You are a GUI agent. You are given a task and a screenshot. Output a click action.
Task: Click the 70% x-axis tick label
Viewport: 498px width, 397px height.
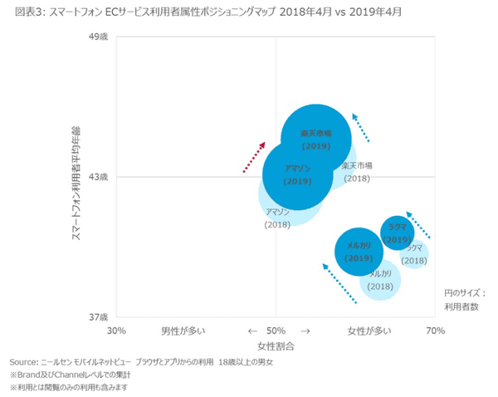[x=435, y=331]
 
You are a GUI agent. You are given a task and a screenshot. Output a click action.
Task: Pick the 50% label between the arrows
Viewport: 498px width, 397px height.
[x=276, y=331]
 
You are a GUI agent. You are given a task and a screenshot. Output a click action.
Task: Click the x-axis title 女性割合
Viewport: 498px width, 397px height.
[x=276, y=345]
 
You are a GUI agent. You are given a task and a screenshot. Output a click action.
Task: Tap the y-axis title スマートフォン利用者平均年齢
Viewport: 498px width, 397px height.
[x=76, y=177]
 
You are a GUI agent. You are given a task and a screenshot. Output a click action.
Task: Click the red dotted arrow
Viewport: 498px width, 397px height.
[x=254, y=157]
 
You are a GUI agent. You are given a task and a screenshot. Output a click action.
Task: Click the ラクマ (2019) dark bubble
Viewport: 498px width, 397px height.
[x=398, y=233]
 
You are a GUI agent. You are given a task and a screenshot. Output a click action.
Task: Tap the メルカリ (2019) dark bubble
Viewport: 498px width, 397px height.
[x=359, y=252]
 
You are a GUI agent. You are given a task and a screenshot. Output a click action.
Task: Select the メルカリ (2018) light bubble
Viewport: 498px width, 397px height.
[x=381, y=281]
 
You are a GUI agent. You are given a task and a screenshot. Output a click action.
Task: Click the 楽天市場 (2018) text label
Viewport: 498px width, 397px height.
[x=356, y=172]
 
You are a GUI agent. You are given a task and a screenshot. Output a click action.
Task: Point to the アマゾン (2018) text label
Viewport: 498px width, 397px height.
[x=276, y=218]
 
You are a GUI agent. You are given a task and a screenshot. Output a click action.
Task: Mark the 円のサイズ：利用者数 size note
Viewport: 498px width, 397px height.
[x=464, y=299]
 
